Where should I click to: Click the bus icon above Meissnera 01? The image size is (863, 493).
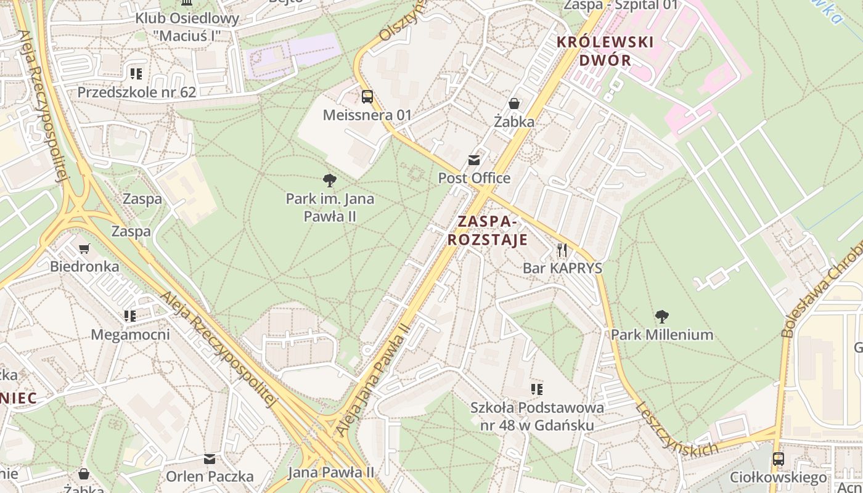(x=367, y=96)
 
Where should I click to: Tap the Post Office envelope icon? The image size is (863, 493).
(x=474, y=160)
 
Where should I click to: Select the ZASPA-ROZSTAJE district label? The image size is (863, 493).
(x=487, y=230)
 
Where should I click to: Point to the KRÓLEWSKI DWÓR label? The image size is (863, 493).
(x=605, y=51)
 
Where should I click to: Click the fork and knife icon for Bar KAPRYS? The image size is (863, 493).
(x=562, y=250)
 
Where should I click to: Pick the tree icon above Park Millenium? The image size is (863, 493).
(x=662, y=317)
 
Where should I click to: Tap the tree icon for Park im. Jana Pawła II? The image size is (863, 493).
(x=330, y=181)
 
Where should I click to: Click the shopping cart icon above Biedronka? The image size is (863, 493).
(x=84, y=248)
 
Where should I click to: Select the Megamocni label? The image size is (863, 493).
(x=130, y=335)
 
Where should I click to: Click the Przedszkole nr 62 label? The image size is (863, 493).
(x=136, y=92)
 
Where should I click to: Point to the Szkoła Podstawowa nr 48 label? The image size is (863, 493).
(x=537, y=417)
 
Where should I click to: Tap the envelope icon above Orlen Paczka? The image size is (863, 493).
(x=210, y=458)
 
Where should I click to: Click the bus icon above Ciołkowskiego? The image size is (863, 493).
(x=779, y=459)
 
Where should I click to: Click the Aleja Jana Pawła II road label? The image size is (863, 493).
(x=372, y=380)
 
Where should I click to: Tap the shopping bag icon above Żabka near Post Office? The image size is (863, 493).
(x=514, y=103)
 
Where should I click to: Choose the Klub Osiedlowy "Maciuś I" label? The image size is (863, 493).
(x=187, y=27)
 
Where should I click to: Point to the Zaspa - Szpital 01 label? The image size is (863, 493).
(x=621, y=6)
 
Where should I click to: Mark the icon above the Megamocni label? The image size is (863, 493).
(x=130, y=316)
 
